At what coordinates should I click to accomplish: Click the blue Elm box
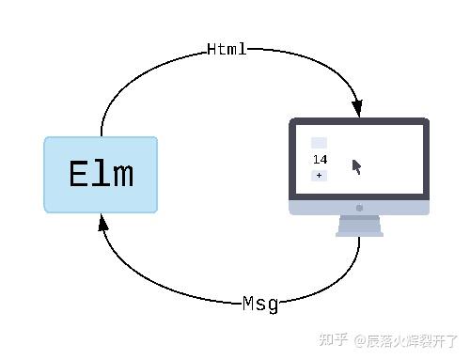click(x=101, y=175)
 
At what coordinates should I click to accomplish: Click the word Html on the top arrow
click(x=227, y=49)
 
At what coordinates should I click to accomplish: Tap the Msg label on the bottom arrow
click(x=260, y=303)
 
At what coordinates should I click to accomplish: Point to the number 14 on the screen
click(x=320, y=160)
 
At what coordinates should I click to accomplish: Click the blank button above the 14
click(x=319, y=143)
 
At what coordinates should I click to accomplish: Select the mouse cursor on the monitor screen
click(x=357, y=167)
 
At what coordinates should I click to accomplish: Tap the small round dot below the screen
click(x=359, y=208)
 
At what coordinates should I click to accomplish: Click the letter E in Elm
click(x=79, y=175)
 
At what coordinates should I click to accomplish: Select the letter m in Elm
click(x=122, y=175)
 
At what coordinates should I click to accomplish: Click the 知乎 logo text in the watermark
click(x=334, y=340)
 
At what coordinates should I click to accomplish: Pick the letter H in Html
click(x=212, y=49)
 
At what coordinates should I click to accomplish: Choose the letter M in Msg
click(x=248, y=303)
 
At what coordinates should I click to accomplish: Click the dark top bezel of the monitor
click(x=359, y=122)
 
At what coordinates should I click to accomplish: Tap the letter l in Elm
click(x=101, y=175)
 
